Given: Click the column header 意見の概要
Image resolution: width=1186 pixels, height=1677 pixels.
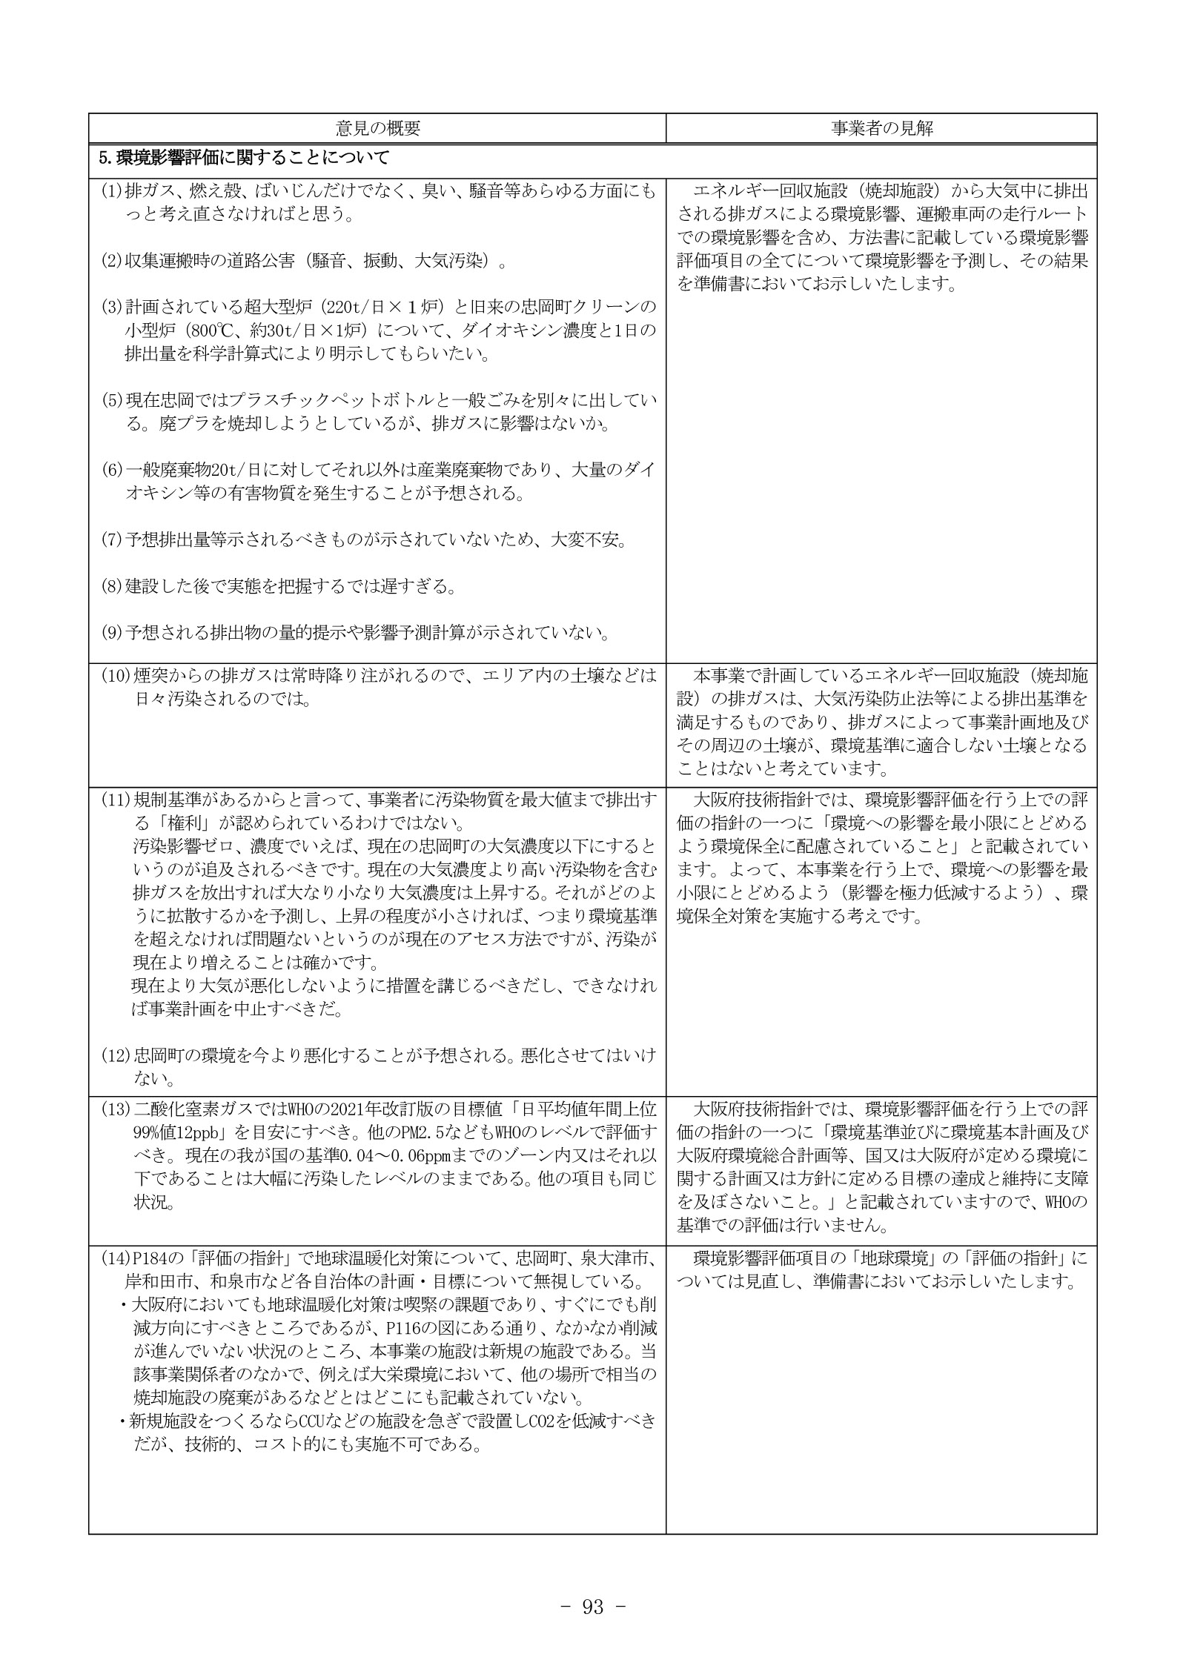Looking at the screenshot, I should coord(377,128).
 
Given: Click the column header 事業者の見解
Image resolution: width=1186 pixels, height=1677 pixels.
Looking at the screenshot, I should coord(881,128).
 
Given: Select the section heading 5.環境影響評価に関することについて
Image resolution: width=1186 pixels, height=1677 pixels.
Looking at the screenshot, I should coord(244,158).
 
